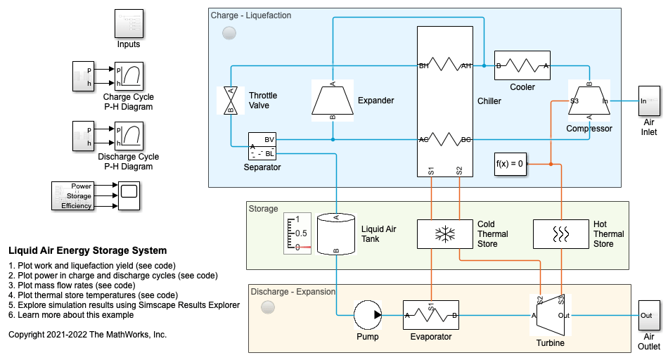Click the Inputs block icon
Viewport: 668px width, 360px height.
(x=129, y=24)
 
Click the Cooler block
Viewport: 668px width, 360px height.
(x=522, y=66)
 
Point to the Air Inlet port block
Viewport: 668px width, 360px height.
(x=648, y=101)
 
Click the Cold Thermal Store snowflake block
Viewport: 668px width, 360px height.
(x=444, y=234)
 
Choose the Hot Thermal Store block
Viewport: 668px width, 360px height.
(x=560, y=234)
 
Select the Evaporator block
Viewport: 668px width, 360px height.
(x=430, y=315)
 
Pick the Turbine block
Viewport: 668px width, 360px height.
(x=549, y=315)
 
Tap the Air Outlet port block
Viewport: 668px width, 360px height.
(x=648, y=315)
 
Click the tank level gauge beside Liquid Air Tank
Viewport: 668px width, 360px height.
(x=297, y=233)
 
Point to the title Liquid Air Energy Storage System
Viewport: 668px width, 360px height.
(x=88, y=250)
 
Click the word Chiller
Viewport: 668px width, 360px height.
(x=489, y=101)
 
